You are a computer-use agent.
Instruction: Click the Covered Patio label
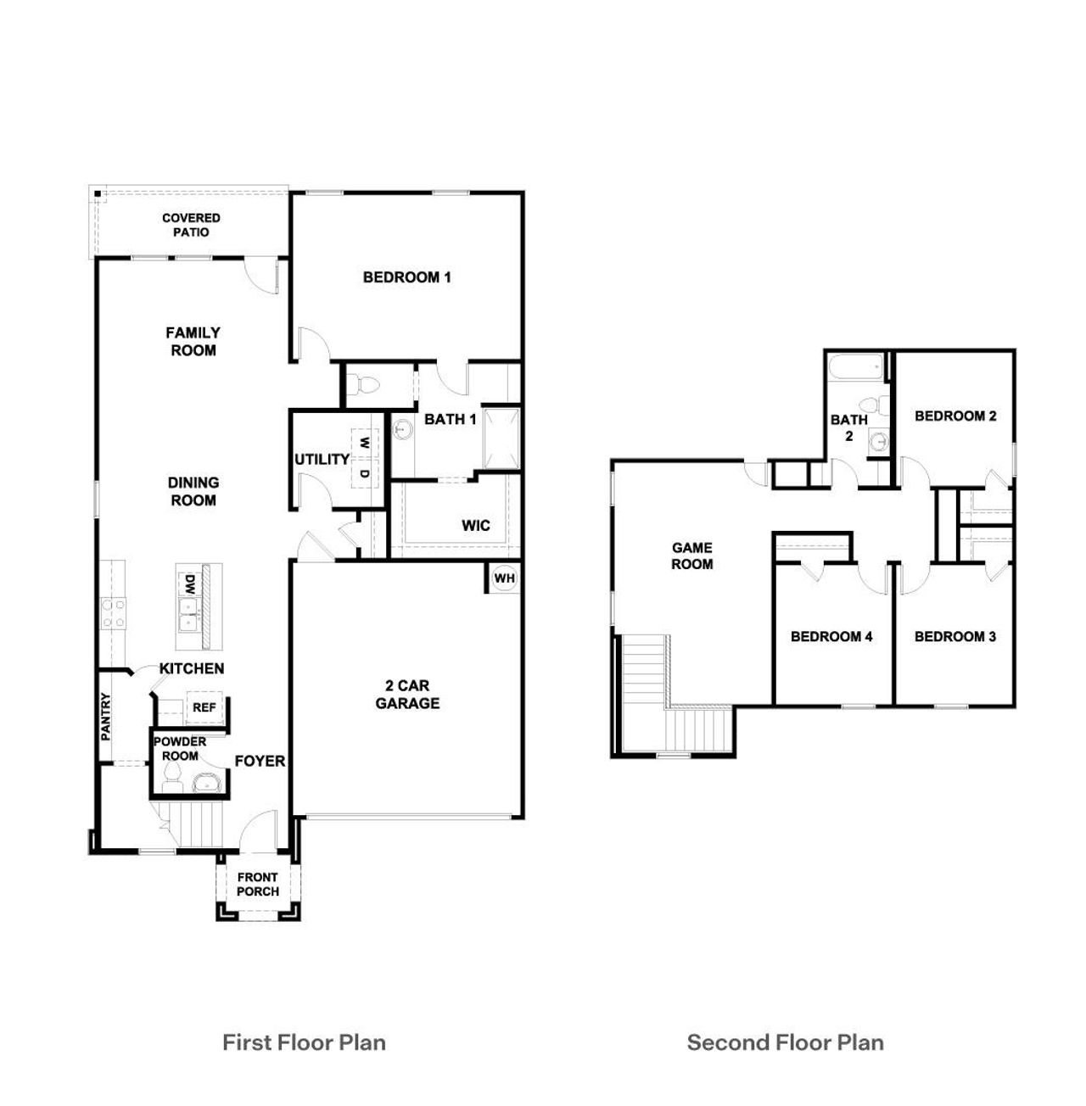tap(191, 225)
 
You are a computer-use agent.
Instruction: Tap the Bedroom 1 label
tap(406, 276)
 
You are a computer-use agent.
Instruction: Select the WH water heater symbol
tap(505, 578)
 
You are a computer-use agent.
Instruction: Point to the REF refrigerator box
tap(204, 707)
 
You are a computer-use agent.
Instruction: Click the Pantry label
tap(106, 718)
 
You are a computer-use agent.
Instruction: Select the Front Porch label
tap(258, 885)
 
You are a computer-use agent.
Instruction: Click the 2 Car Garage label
tap(407, 694)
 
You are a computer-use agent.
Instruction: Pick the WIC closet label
tap(475, 526)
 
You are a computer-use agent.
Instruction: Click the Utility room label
tap(322, 459)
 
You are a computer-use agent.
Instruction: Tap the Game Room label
tap(692, 556)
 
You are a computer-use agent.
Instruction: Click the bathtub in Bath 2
tap(855, 369)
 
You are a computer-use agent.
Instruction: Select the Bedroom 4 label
tap(831, 636)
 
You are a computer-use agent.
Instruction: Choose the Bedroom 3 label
tap(955, 636)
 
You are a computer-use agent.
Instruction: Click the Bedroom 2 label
tap(955, 416)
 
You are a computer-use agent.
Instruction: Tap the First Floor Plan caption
tap(304, 1042)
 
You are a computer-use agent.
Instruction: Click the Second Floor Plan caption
tap(785, 1042)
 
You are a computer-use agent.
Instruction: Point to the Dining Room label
tap(193, 491)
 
